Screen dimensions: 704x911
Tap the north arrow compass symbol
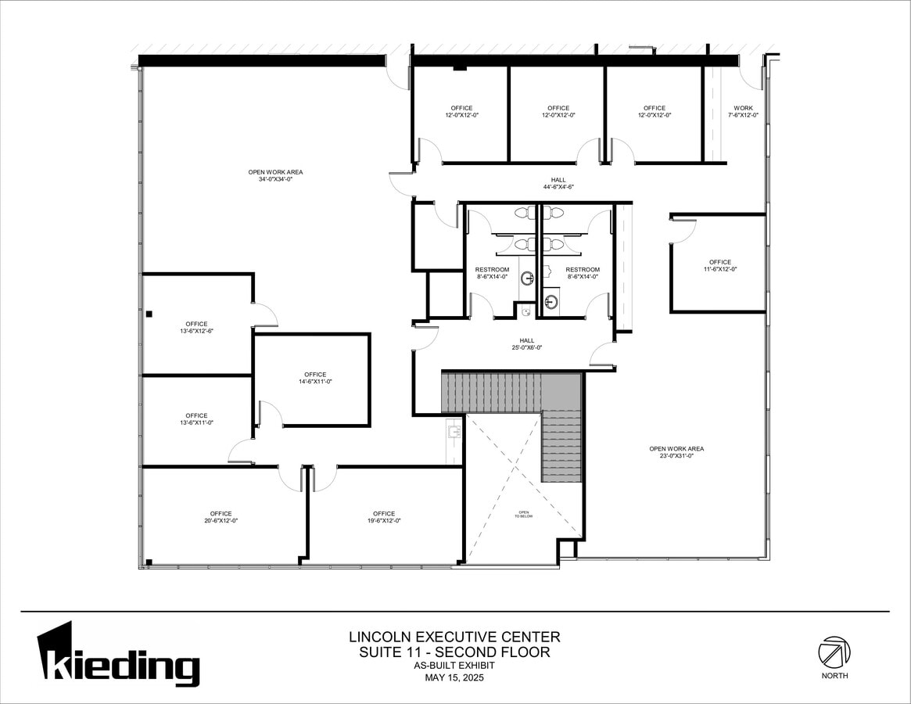pos(834,652)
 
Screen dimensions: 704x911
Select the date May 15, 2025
pos(454,677)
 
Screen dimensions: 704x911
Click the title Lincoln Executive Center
pos(454,637)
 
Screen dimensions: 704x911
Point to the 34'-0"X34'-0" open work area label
pos(275,176)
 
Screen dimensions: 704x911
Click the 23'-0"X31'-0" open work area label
pos(676,452)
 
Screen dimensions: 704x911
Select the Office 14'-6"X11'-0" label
pos(315,378)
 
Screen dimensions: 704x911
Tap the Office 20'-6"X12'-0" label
pos(221,517)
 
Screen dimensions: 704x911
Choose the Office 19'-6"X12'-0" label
pos(384,517)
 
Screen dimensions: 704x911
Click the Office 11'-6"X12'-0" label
pos(720,265)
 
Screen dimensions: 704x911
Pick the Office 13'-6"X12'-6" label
pos(196,327)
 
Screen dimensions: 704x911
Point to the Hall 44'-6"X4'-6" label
pos(558,183)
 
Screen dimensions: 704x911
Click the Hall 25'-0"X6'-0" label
pos(527,343)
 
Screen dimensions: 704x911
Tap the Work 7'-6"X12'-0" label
pos(743,111)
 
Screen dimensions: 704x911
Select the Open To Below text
pos(523,514)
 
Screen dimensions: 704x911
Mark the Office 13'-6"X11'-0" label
pos(196,418)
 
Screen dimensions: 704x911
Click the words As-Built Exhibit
pos(454,666)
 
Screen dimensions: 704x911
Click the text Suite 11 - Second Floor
pos(454,652)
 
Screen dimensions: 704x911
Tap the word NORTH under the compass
pos(834,676)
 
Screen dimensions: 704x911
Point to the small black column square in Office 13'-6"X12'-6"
pos(149,314)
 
